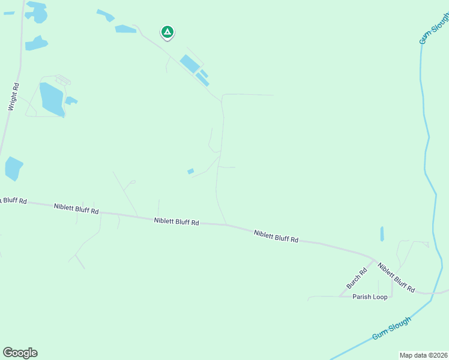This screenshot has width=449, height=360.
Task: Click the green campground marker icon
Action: tap(167, 32)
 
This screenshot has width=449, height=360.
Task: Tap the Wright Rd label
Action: tap(14, 97)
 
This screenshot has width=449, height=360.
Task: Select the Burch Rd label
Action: tap(355, 278)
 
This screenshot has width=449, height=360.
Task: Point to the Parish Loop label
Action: tap(370, 297)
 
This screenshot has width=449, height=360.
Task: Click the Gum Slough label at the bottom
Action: tap(391, 328)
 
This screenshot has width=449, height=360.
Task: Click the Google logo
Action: tap(20, 353)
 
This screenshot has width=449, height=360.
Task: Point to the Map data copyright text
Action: tap(423, 355)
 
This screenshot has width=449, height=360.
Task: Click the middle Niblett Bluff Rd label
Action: tap(176, 221)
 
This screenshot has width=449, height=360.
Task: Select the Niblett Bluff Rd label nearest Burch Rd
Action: tap(396, 277)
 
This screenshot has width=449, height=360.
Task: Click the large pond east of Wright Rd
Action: tap(52, 100)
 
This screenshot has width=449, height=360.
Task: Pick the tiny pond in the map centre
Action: tap(191, 172)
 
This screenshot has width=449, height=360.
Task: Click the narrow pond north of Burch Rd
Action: tap(382, 234)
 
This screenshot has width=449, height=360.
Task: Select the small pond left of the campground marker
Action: tap(125, 29)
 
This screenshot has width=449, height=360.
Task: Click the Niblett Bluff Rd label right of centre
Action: tap(276, 236)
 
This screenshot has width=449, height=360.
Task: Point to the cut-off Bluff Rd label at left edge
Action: tap(13, 200)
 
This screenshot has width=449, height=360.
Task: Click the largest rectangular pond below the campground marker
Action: tap(188, 63)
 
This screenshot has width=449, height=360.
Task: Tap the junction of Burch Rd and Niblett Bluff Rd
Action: tap(374, 260)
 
